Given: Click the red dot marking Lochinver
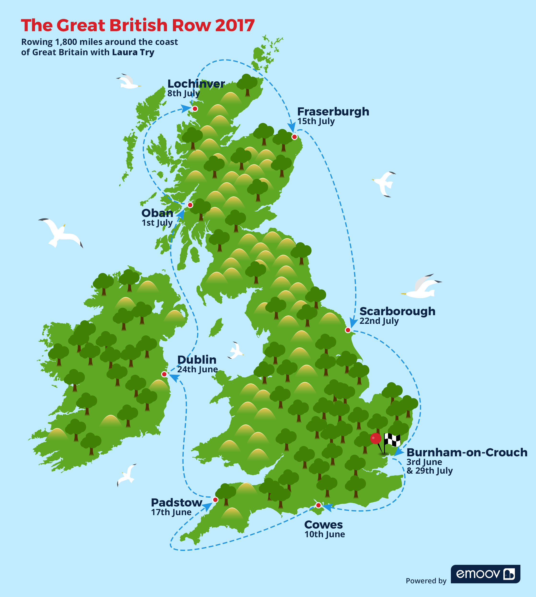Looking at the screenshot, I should coord(195,109).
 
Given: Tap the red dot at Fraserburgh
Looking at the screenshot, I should coord(294,137).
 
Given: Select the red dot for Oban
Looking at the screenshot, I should coord(190,205).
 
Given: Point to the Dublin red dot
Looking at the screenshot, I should coord(164,374).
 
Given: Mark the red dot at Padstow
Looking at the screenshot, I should coord(215,500).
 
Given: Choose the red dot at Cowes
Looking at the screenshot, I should coord(318,505).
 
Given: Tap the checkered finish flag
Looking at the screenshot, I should coord(392,440).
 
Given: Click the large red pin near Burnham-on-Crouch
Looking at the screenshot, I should coord(376,438).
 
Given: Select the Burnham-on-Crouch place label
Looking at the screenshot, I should coord(467,452).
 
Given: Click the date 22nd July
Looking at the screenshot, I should coord(379,321).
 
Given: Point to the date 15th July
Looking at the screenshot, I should coord(316,121).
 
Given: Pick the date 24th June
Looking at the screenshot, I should coord(197,369).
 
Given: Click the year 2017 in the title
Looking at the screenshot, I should coord(235,25).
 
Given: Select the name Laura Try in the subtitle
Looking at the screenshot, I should coord(133,53).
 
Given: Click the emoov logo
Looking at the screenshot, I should coord(485,574).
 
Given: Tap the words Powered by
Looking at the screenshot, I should coord(426,581).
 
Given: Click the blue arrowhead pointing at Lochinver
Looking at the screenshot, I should coord(186,109).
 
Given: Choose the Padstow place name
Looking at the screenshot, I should coord(177,503).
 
